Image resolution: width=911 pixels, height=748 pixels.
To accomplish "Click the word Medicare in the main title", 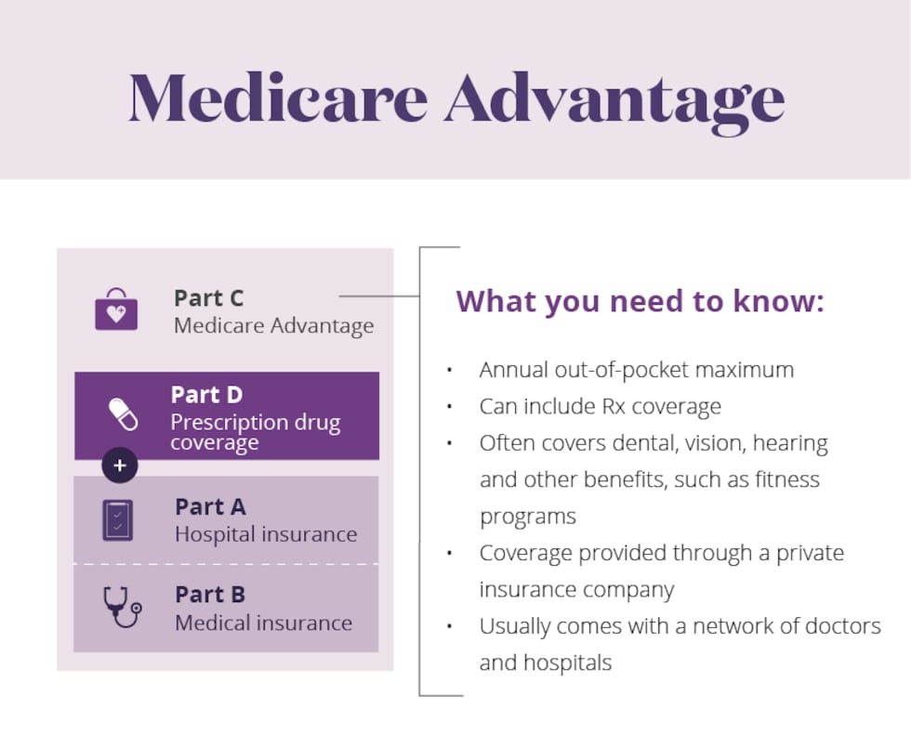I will coord(278,96).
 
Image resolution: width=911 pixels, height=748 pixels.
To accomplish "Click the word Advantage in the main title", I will coord(614,98).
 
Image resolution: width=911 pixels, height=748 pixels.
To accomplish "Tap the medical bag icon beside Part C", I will coord(116,310).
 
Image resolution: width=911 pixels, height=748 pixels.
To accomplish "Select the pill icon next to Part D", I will coord(123,413).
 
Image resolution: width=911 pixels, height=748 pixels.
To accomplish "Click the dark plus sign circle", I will coord(120,465).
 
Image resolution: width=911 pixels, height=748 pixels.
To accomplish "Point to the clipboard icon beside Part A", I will coord(118,520).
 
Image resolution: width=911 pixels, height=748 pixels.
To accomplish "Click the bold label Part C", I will coord(208,298).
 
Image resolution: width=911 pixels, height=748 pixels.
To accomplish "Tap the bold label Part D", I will coord(206,395).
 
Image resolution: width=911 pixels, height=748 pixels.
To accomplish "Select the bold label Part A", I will coord(210,507).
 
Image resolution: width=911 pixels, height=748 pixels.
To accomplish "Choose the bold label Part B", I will coord(210,595).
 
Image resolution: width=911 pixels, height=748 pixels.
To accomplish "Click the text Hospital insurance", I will coord(266,534).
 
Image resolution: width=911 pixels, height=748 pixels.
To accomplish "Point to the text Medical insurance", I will coord(263,623).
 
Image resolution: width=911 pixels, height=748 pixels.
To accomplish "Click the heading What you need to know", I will coord(640,301).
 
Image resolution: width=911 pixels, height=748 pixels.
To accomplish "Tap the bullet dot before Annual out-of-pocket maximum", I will coord(449,371).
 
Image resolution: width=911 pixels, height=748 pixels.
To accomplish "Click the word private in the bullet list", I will coord(809,553).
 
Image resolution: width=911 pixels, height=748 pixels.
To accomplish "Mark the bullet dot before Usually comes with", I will coord(449,627).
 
